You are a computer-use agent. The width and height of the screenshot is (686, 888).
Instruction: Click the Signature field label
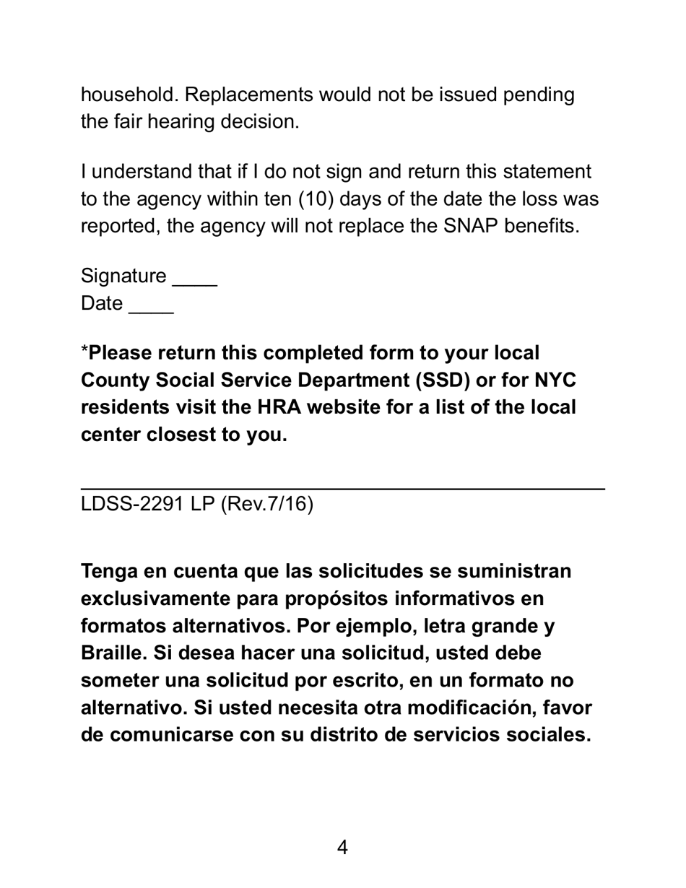123,277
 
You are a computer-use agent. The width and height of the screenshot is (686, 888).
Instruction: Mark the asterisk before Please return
84,351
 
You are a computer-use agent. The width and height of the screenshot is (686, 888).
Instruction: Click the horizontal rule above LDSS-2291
342,489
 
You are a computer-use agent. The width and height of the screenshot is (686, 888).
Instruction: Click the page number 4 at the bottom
342,848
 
